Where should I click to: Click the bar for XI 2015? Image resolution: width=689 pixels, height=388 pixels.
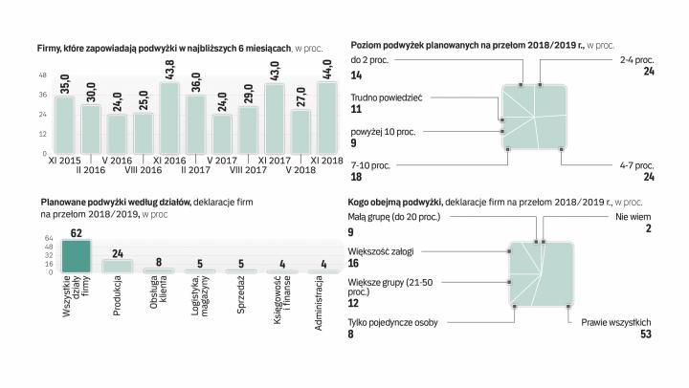[x=64, y=124]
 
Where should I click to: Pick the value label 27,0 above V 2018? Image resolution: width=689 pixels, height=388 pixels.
[x=300, y=97]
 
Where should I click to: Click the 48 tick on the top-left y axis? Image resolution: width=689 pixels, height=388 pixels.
[x=43, y=75]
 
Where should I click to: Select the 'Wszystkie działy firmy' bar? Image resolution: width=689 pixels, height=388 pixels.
[x=76, y=256]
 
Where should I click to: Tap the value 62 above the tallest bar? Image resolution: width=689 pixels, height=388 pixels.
[x=76, y=232]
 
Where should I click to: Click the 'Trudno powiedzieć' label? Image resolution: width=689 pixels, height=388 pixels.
[x=387, y=97]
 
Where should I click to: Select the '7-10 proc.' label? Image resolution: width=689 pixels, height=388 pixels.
[x=371, y=165]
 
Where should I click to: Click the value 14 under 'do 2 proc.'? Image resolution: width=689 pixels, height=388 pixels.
[x=357, y=75]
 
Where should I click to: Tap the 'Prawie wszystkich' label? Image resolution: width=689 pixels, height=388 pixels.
[x=617, y=322]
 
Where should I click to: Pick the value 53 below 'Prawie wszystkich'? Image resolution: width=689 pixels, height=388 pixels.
[x=646, y=335]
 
